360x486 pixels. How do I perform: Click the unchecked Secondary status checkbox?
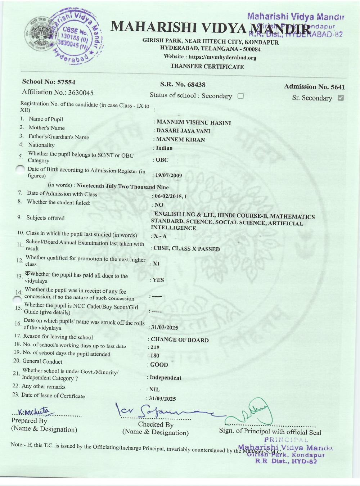point(241,96)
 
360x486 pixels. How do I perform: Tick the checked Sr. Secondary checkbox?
point(341,98)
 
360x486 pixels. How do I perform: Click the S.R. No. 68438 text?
point(183,85)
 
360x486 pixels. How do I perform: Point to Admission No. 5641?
point(314,87)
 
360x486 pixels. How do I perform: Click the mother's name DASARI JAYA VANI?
point(183,131)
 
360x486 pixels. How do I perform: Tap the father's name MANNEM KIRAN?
point(180,140)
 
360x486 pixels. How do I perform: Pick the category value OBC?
point(162,160)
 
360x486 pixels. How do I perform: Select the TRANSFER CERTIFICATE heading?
point(207,67)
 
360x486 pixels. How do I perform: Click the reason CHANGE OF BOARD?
point(180,340)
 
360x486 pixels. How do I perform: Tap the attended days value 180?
point(155,356)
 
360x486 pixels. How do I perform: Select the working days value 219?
point(155,347)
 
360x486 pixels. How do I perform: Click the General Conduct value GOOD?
point(159,365)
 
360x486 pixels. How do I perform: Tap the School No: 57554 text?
point(49,82)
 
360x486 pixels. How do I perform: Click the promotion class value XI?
point(156,264)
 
